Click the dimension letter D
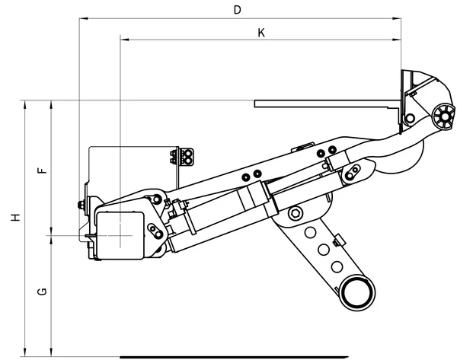238,10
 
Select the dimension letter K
261,33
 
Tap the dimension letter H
14,218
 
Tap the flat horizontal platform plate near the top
328,102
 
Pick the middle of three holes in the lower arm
324,249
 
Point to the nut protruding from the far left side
79,204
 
